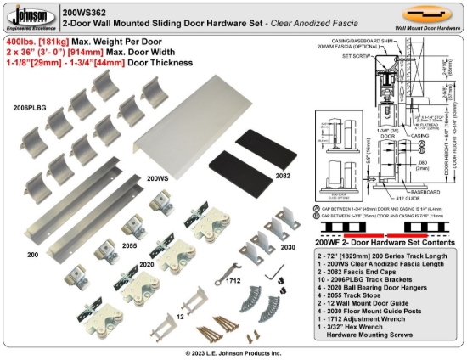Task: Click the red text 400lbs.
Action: coord(22,41)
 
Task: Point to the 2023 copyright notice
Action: coord(233,352)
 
